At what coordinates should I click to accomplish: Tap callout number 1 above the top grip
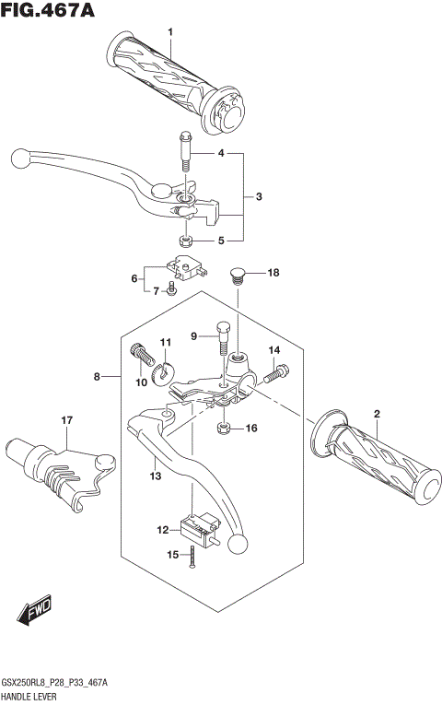(x=170, y=34)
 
